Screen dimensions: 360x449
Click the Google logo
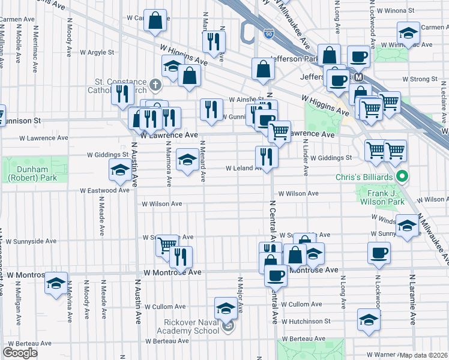pyautogui.click(x=20, y=353)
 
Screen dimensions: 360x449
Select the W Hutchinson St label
pyautogui.click(x=306, y=321)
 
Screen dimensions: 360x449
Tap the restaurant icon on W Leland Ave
pyautogui.click(x=265, y=157)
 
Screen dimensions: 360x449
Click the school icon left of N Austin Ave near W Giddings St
pyautogui.click(x=119, y=170)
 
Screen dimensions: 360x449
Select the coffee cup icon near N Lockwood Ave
pyautogui.click(x=379, y=253)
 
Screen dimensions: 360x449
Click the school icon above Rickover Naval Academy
pyautogui.click(x=225, y=308)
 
